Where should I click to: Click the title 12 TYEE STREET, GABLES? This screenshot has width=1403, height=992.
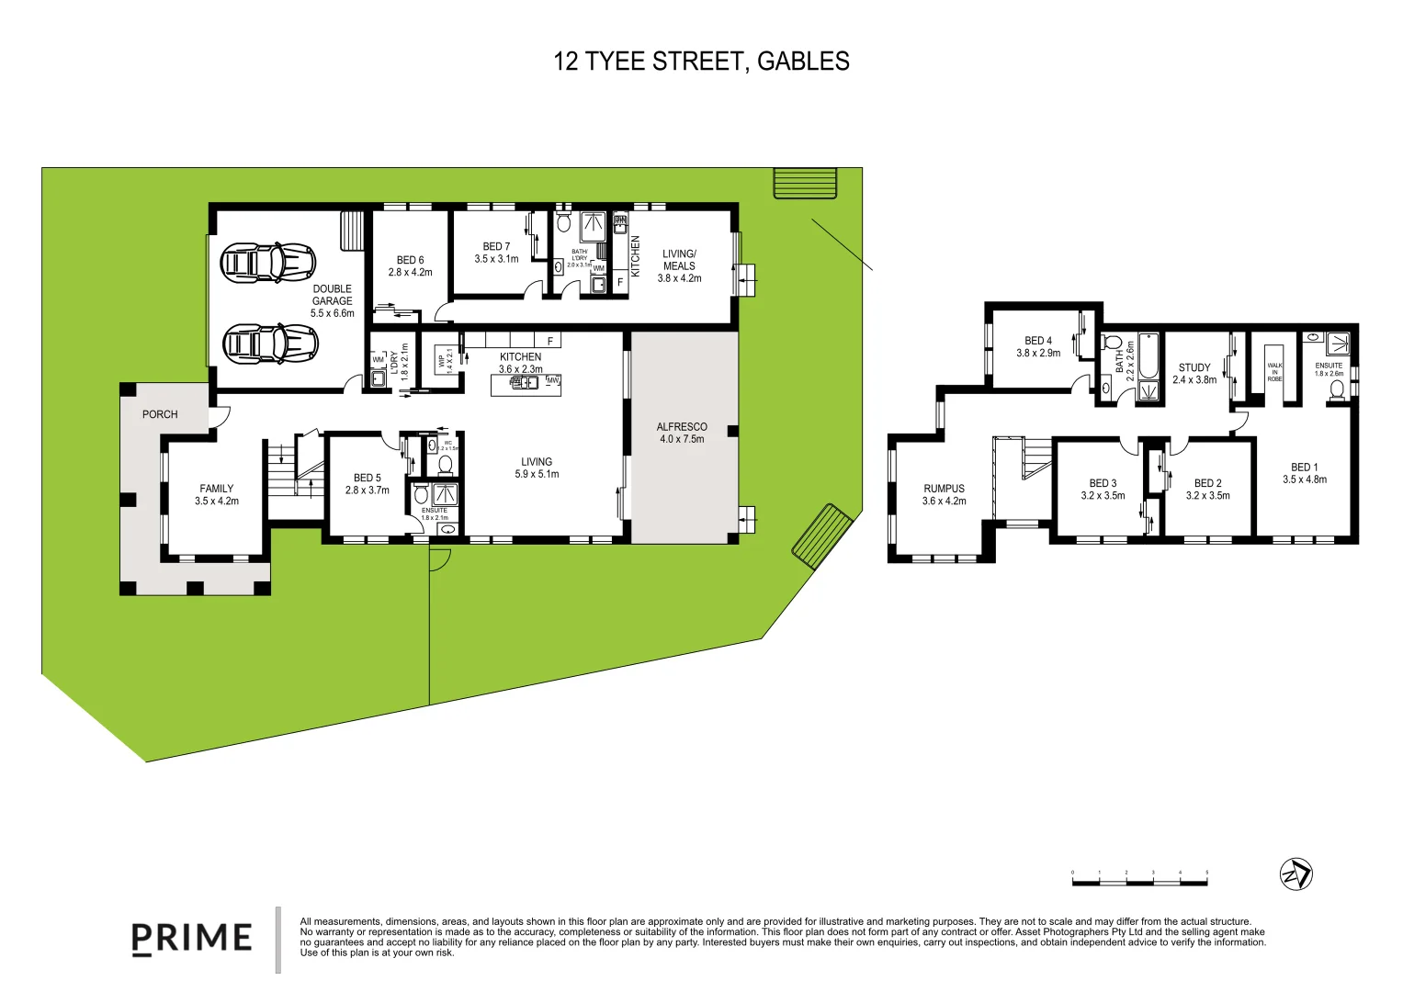(x=701, y=62)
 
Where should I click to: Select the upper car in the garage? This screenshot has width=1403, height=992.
(x=268, y=263)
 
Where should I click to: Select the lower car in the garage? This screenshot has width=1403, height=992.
(x=271, y=344)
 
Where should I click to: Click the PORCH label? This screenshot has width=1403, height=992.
(x=160, y=414)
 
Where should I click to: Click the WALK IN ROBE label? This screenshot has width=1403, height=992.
(x=1274, y=372)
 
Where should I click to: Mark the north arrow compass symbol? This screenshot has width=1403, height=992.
(x=1296, y=874)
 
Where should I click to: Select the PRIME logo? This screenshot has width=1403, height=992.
(x=192, y=938)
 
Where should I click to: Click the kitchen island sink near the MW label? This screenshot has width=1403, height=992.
(x=525, y=382)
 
